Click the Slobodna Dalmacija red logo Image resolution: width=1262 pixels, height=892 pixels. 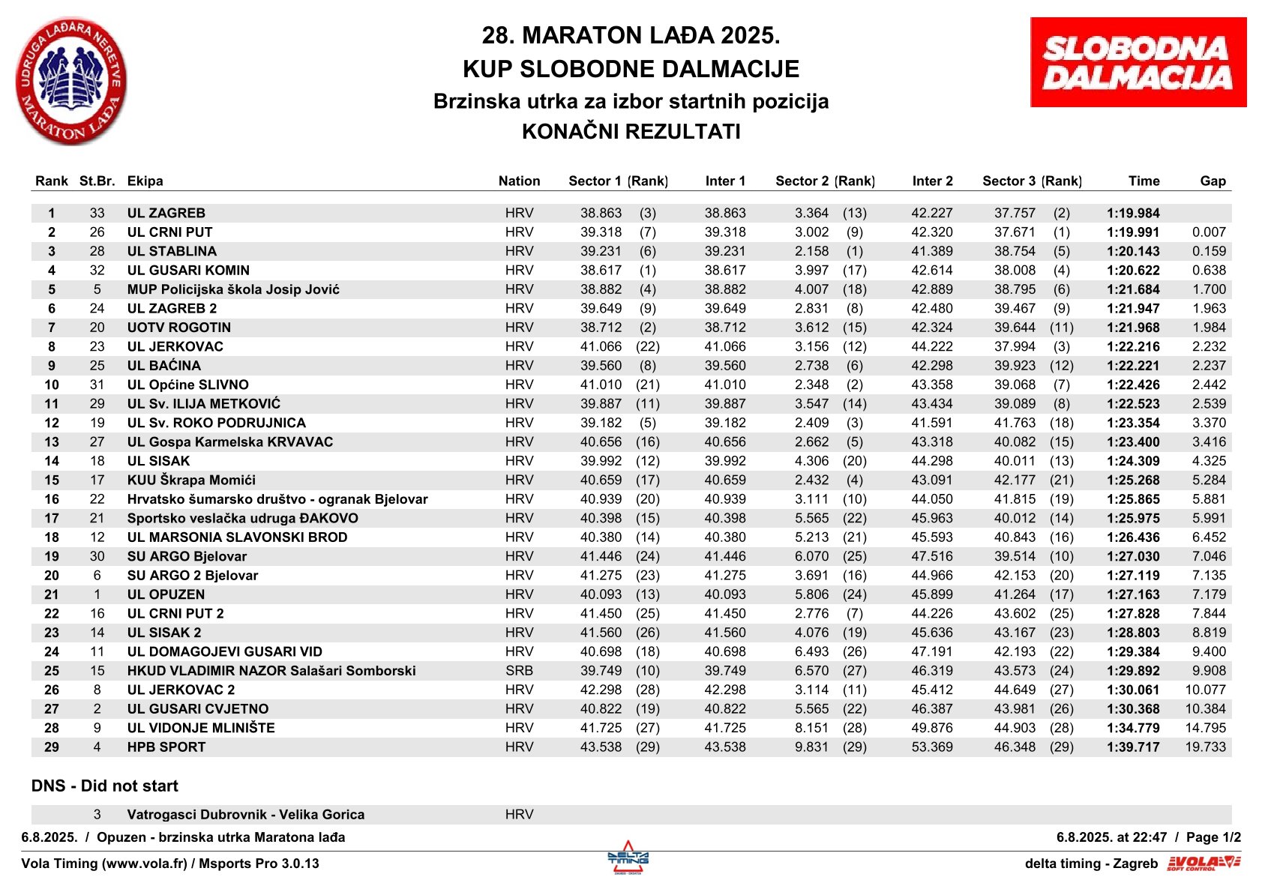pyautogui.click(x=1138, y=62)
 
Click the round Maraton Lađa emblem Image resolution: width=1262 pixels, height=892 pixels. pyautogui.click(x=70, y=82)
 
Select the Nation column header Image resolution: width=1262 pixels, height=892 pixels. pyautogui.click(x=519, y=181)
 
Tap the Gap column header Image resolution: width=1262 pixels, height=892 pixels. pyautogui.click(x=1212, y=181)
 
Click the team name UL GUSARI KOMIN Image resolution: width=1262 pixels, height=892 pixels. pyautogui.click(x=188, y=271)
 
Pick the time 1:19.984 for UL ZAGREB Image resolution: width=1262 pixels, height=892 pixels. pyautogui.click(x=1132, y=213)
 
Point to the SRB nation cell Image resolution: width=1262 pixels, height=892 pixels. pyautogui.click(x=519, y=671)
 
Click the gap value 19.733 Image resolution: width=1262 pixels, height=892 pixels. pyautogui.click(x=1205, y=747)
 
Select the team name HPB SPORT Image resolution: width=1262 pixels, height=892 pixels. pyautogui.click(x=166, y=747)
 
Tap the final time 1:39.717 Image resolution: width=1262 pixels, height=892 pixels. pyautogui.click(x=1132, y=747)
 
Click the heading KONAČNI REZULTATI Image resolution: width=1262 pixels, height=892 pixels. pyautogui.click(x=631, y=132)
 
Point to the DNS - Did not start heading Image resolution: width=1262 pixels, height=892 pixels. pyautogui.click(x=105, y=786)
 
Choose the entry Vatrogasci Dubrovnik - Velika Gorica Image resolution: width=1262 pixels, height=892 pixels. pyautogui.click(x=245, y=815)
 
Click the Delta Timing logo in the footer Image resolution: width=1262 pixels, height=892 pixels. pyautogui.click(x=628, y=858)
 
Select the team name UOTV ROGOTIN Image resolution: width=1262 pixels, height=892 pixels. pyautogui.click(x=178, y=328)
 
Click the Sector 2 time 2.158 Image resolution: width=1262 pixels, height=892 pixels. pyautogui.click(x=811, y=251)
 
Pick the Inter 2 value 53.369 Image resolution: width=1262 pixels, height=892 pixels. pyautogui.click(x=932, y=747)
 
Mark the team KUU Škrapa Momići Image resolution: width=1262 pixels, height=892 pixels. pyautogui.click(x=191, y=480)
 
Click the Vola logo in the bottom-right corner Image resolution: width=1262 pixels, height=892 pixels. pyautogui.click(x=1203, y=864)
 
